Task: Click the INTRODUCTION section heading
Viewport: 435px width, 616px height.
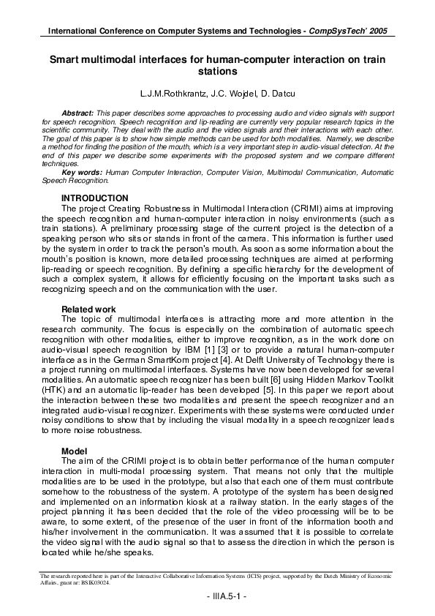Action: point(95,198)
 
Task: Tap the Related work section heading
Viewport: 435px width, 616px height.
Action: point(88,309)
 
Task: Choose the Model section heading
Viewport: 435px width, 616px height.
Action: point(75,451)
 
